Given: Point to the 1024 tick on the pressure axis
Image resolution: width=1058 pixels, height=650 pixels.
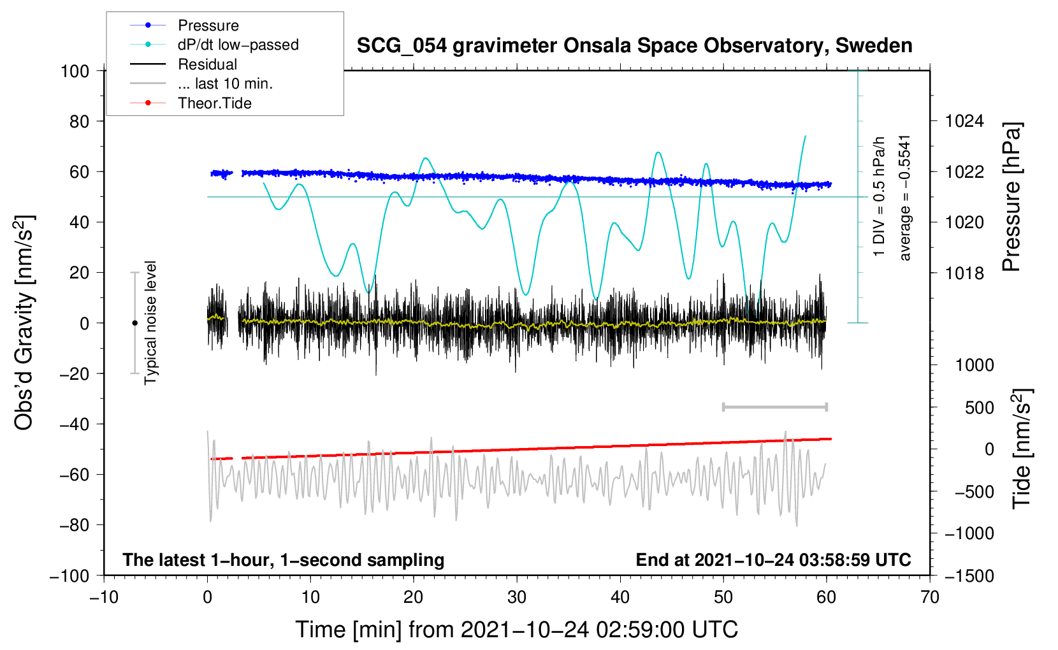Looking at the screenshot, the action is tap(964, 122).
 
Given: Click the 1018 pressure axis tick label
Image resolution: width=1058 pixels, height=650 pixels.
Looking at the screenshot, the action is tap(964, 273).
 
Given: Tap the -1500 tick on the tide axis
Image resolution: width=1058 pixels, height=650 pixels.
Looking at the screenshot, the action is tap(969, 576).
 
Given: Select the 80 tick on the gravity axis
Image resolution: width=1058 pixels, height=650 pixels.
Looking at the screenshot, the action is tap(79, 122).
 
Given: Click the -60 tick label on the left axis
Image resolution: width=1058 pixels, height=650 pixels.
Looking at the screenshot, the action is tap(74, 475).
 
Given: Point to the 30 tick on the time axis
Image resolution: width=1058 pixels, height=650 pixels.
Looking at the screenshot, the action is tap(517, 598).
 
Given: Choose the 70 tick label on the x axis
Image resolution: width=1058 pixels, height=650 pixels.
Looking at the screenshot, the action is tap(929, 598).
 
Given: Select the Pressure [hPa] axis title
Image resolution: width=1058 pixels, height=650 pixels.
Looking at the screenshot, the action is tap(1011, 197).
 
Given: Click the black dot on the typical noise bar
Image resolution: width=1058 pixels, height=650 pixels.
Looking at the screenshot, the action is tap(134, 323).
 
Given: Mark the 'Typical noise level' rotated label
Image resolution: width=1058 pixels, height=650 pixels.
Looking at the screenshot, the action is tap(150, 322).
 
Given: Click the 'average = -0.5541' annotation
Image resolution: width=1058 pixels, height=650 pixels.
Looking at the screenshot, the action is tap(904, 198).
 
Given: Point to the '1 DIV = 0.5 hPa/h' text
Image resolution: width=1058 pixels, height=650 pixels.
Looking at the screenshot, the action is tap(878, 197).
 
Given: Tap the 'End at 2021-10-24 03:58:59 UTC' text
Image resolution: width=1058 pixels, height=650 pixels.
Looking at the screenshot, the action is tap(773, 560).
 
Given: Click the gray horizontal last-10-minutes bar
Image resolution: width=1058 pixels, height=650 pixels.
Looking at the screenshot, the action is tap(774, 407).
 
